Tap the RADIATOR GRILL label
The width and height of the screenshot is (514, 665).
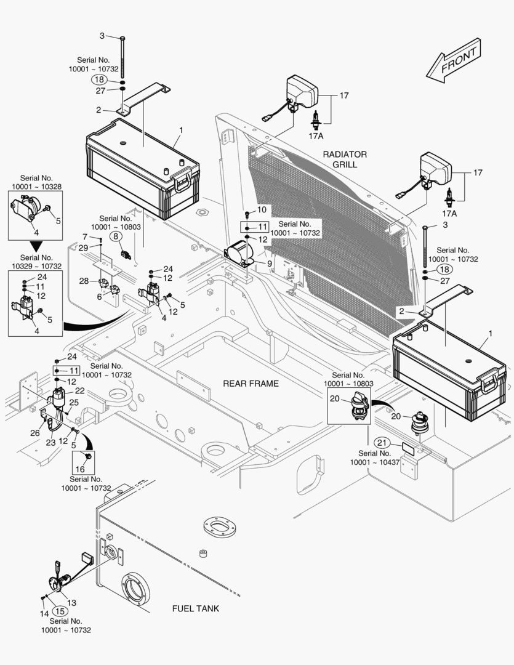click(345, 159)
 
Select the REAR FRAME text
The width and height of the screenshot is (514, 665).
click(251, 384)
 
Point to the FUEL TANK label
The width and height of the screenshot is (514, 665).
click(195, 608)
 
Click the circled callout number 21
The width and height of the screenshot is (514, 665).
click(383, 443)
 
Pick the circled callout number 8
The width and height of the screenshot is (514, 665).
click(116, 236)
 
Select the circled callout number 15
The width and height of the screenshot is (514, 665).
click(60, 611)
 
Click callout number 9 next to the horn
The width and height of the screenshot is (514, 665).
click(269, 264)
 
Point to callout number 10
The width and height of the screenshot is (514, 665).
click(262, 210)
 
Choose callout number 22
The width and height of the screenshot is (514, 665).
click(80, 391)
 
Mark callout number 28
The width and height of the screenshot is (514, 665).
click(84, 281)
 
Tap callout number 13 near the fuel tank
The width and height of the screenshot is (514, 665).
click(72, 603)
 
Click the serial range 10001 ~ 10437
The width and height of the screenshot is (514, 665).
click(375, 462)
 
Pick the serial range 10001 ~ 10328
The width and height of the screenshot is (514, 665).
click(35, 186)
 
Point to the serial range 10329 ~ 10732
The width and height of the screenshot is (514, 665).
click(35, 266)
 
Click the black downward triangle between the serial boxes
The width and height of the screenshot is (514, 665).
click(35, 245)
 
